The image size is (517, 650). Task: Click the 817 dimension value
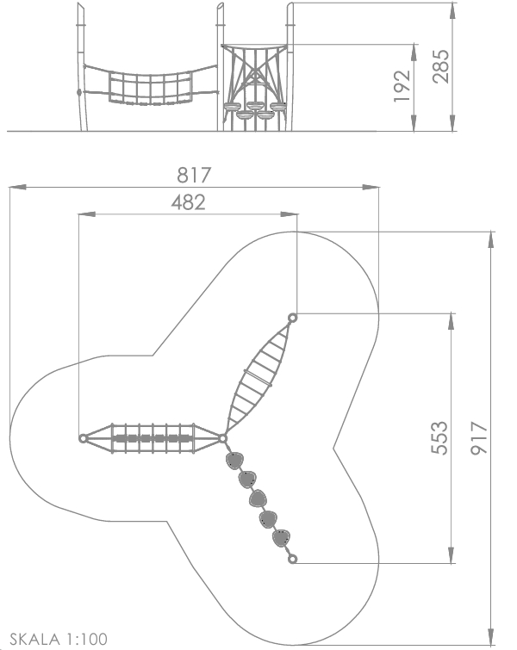[x=194, y=175]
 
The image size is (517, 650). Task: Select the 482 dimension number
[x=188, y=202]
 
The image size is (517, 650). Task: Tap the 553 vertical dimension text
[x=439, y=438]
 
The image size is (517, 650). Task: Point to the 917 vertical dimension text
[x=479, y=438]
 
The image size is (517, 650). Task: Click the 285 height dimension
[x=440, y=66]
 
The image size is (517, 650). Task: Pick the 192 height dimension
[x=402, y=86]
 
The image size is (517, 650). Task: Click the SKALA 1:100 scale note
[x=59, y=639]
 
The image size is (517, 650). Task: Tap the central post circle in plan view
[x=223, y=438]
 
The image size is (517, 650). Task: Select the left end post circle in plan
[x=83, y=438]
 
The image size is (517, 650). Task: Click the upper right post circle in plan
[x=292, y=318]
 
